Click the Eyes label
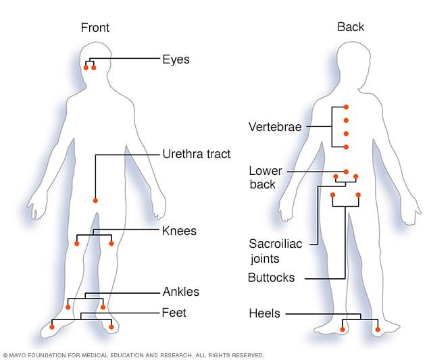176,59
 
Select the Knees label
179,231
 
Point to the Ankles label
180,292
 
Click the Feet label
174,313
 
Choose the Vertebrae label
275,126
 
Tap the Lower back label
266,177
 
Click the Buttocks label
272,278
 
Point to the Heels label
263,313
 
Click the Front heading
95,28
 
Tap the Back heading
351,27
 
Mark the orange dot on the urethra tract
95,201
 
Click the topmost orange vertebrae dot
346,107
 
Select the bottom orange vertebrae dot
346,147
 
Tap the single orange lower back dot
346,172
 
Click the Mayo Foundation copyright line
134,355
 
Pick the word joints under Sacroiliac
263,257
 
